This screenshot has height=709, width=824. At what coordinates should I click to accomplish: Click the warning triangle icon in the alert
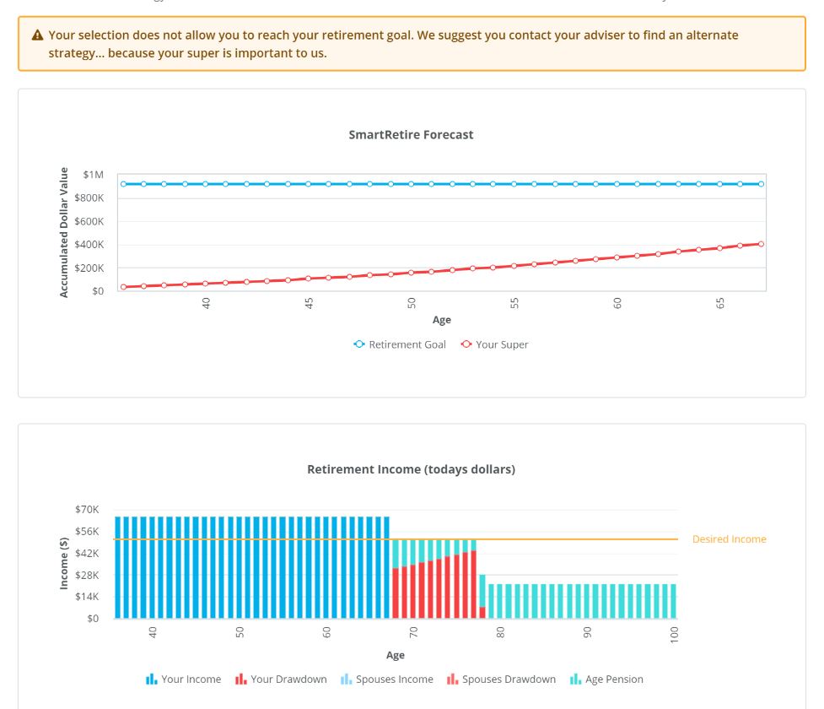(x=37, y=35)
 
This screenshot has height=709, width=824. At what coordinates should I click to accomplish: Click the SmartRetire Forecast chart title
(x=411, y=134)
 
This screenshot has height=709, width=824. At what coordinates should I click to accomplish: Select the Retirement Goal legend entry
(x=400, y=344)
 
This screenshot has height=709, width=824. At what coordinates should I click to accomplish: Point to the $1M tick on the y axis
(x=93, y=175)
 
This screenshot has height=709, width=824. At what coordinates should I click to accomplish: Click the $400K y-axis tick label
(x=89, y=245)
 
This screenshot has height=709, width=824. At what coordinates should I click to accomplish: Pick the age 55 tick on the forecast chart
(x=514, y=304)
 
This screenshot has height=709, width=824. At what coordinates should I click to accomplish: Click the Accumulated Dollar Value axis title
(x=64, y=232)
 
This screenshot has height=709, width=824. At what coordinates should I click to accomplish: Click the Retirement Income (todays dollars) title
(x=411, y=469)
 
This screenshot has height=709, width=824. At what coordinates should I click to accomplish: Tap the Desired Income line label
(x=729, y=539)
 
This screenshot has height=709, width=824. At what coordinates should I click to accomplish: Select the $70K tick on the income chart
(x=87, y=510)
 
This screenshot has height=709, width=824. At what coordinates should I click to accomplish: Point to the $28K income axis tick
(x=87, y=575)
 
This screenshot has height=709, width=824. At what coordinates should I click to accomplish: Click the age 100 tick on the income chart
(x=675, y=636)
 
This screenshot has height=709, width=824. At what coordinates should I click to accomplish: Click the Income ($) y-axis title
(x=64, y=563)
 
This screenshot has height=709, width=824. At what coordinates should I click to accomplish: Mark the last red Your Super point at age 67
(x=761, y=244)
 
